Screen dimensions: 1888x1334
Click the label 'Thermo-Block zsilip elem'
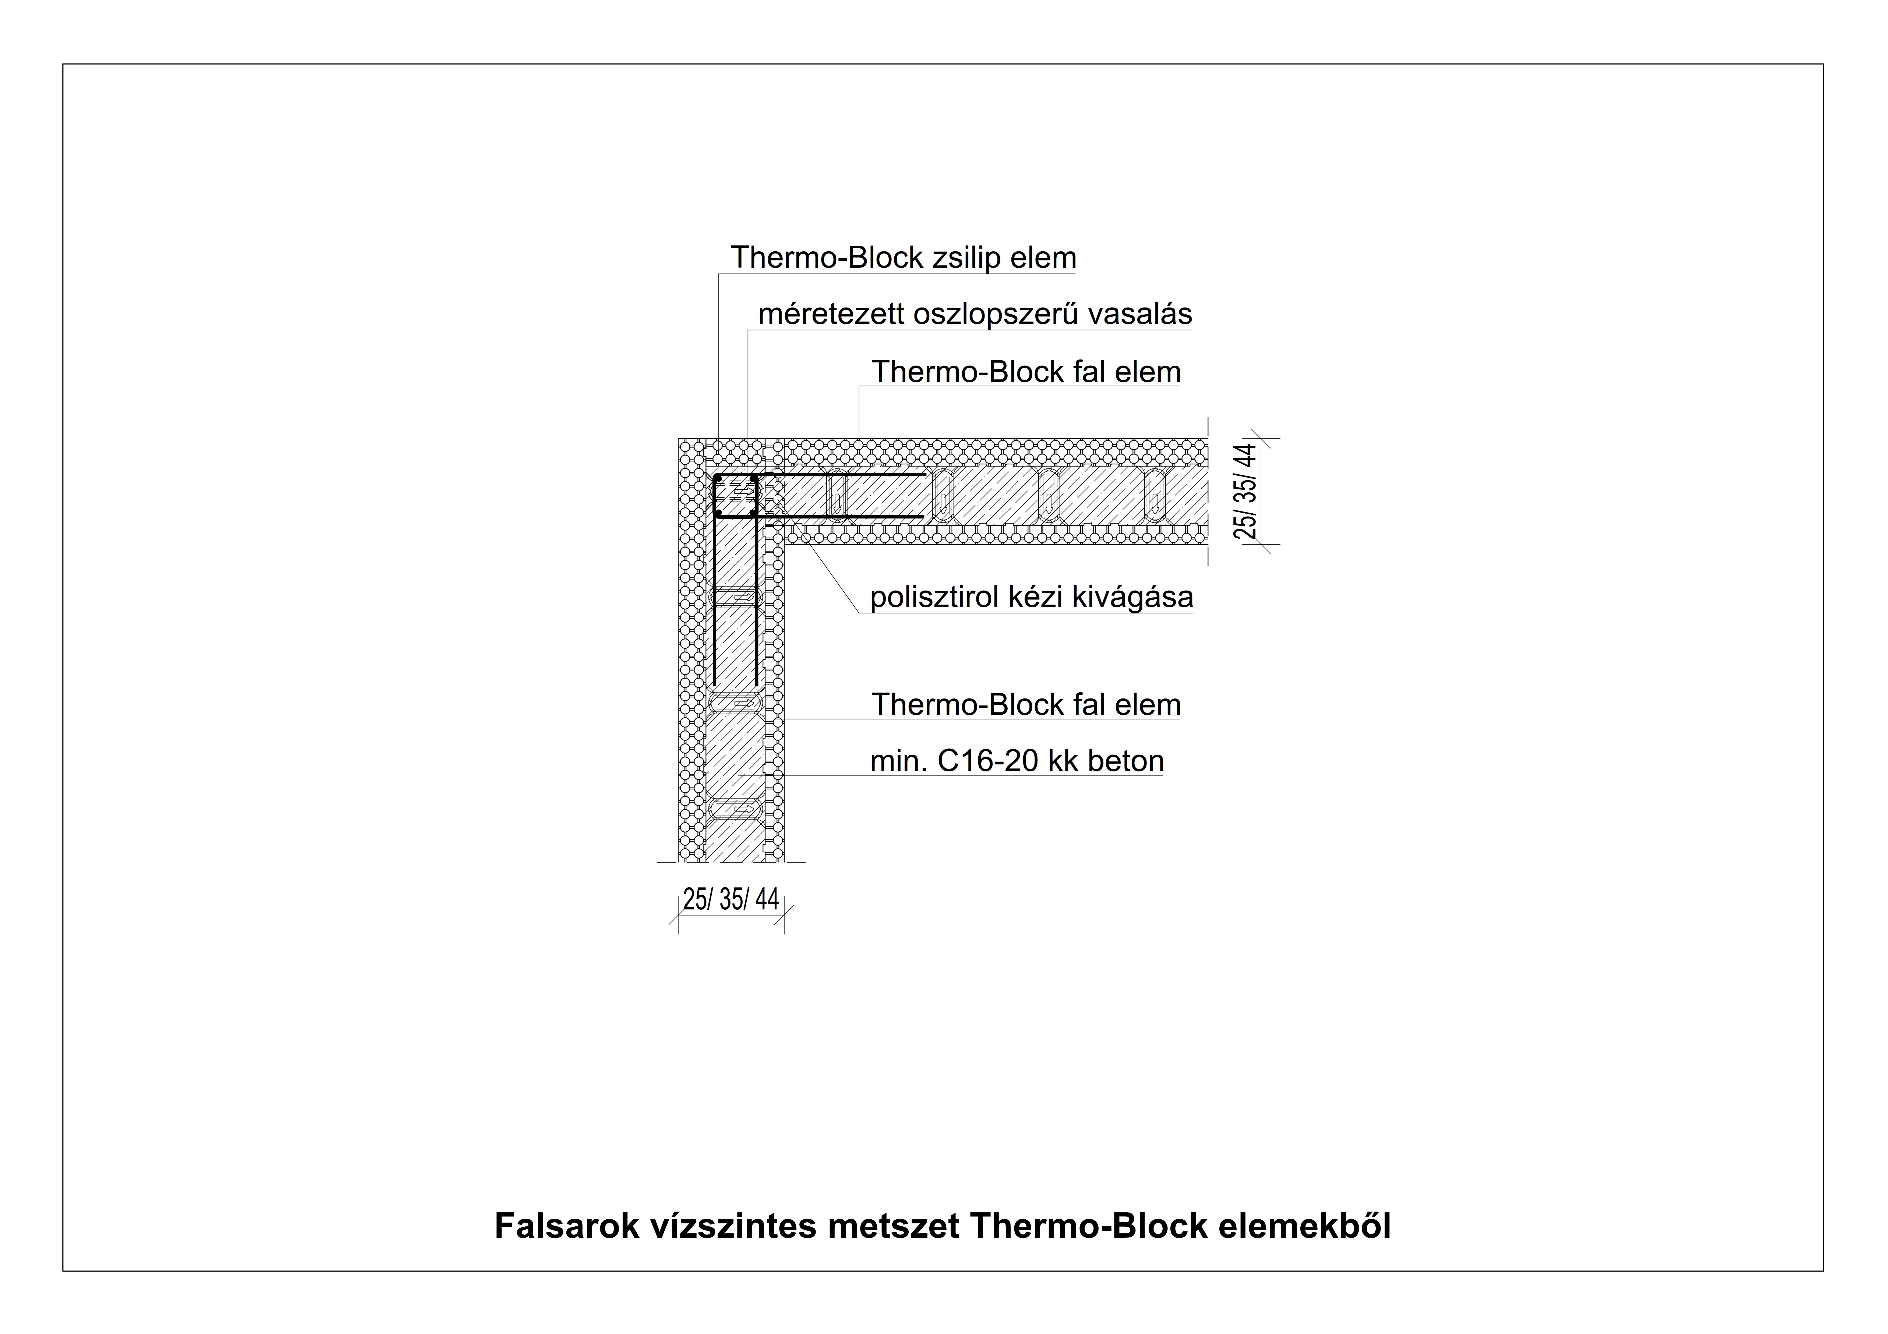tap(903, 258)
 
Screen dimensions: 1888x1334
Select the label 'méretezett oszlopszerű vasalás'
tap(975, 314)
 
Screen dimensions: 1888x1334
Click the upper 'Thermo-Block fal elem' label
tap(1026, 372)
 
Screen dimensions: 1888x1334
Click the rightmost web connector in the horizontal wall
tap(1156, 496)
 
